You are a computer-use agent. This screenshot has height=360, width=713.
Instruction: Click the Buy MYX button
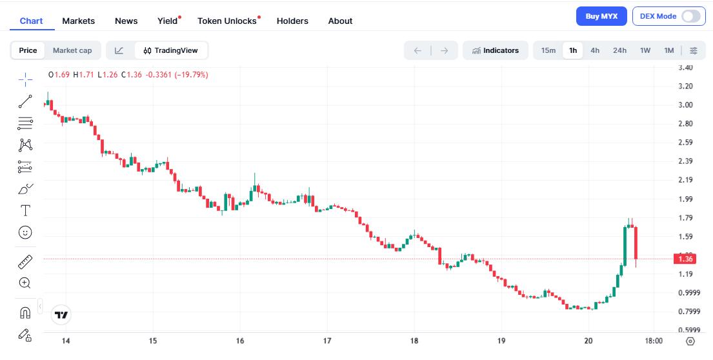tap(601, 16)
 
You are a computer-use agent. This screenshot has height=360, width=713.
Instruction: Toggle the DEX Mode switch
tap(690, 16)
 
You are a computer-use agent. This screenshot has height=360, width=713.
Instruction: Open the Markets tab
tap(78, 21)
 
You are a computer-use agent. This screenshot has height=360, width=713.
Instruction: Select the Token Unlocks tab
tap(227, 21)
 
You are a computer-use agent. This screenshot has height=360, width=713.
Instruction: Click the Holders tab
tap(292, 21)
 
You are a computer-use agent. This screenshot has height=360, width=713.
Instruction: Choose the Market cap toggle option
tap(72, 50)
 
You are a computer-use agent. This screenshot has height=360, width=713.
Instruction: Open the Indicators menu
tap(496, 50)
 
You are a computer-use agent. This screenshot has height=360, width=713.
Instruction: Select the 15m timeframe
tap(548, 50)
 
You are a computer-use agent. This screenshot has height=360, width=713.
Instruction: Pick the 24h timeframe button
tap(619, 50)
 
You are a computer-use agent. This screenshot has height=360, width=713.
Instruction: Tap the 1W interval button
tap(645, 50)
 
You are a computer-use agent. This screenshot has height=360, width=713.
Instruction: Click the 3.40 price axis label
tap(686, 67)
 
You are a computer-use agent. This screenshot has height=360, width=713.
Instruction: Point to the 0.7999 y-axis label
tap(687, 312)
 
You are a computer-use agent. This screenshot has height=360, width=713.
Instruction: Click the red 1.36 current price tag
tap(686, 259)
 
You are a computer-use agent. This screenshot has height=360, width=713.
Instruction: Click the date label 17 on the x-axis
tap(327, 341)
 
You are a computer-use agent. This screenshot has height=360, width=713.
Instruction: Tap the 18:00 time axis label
tap(654, 341)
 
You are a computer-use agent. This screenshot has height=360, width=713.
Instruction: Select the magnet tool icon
tap(25, 313)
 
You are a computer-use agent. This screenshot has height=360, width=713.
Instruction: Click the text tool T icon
tap(25, 210)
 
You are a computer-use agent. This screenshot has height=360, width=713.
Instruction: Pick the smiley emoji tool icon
tap(25, 232)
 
